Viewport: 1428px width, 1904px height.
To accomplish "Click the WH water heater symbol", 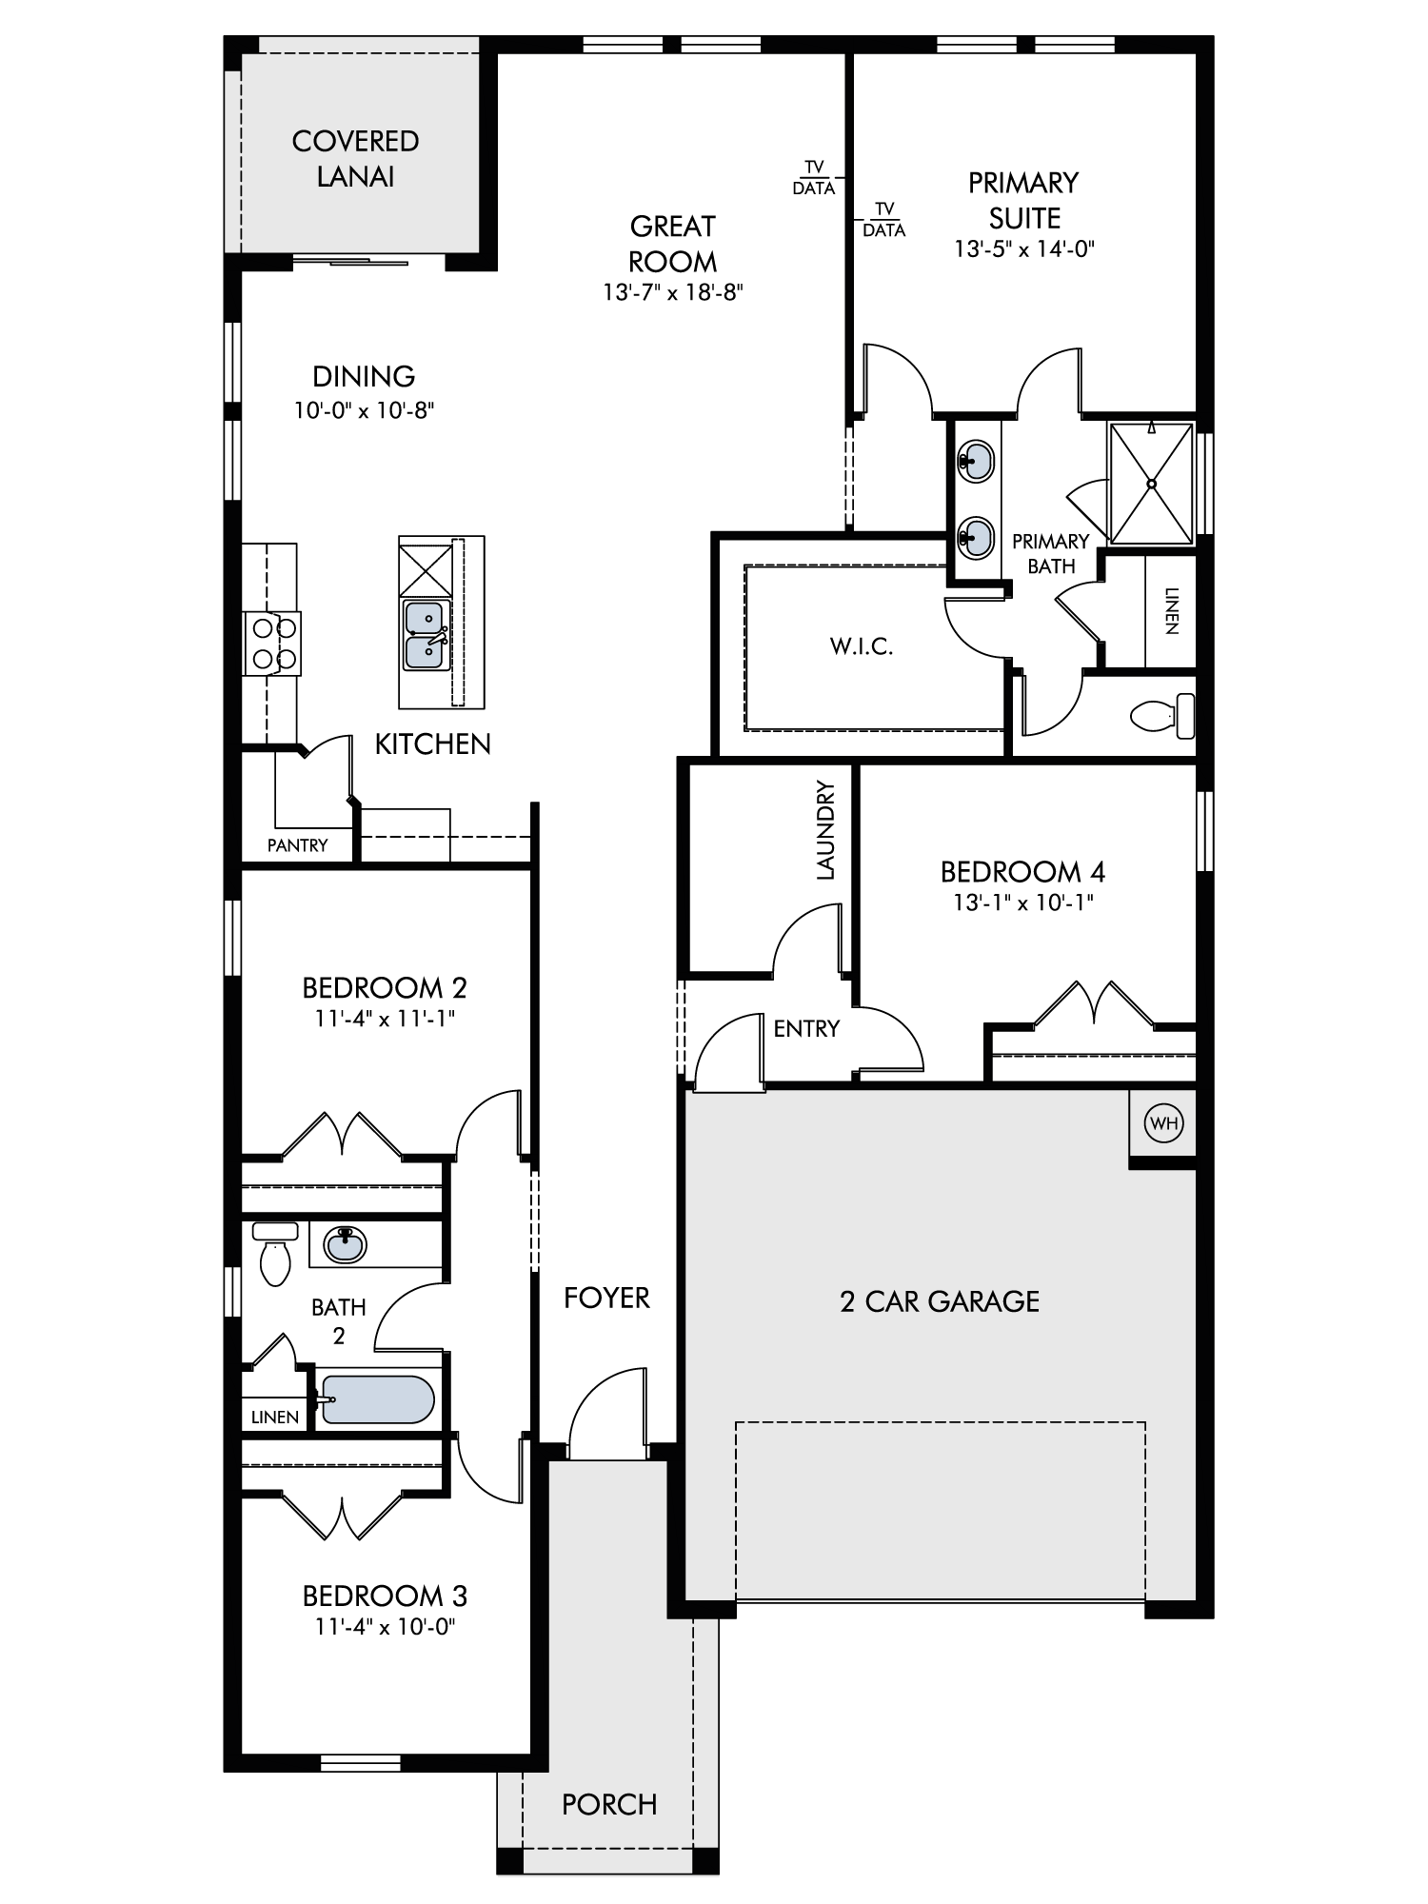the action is click(x=1164, y=1123).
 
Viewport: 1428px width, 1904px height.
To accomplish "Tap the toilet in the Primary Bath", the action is click(x=1161, y=716).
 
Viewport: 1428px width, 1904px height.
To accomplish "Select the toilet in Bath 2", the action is click(x=275, y=1253).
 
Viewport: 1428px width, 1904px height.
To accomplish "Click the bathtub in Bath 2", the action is click(x=378, y=1399).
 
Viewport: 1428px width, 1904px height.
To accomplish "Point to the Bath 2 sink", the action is click(x=345, y=1244).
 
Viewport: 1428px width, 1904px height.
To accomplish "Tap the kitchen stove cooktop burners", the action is click(x=271, y=643).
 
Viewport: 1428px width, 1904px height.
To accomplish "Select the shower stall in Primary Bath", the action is click(x=1151, y=484).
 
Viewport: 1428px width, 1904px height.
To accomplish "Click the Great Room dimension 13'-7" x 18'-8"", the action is click(x=672, y=292).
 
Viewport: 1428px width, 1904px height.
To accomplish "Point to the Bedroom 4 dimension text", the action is click(x=1023, y=902).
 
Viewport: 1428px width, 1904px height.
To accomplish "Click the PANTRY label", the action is click(x=297, y=845).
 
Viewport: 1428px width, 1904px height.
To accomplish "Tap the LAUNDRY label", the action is click(x=824, y=830).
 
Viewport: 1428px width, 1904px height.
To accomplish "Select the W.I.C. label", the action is click(x=862, y=647).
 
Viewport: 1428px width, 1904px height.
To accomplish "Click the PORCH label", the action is click(x=609, y=1805).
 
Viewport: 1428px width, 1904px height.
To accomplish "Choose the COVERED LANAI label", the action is click(x=355, y=159).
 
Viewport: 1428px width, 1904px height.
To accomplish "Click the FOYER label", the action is click(x=606, y=1298).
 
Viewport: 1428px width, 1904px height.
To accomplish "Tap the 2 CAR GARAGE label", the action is click(x=940, y=1301).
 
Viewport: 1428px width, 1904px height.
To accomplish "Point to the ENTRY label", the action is click(x=806, y=1028).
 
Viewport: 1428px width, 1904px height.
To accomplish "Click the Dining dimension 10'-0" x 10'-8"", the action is click(x=364, y=410).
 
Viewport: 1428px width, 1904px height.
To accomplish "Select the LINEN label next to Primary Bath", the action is click(x=1171, y=610).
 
